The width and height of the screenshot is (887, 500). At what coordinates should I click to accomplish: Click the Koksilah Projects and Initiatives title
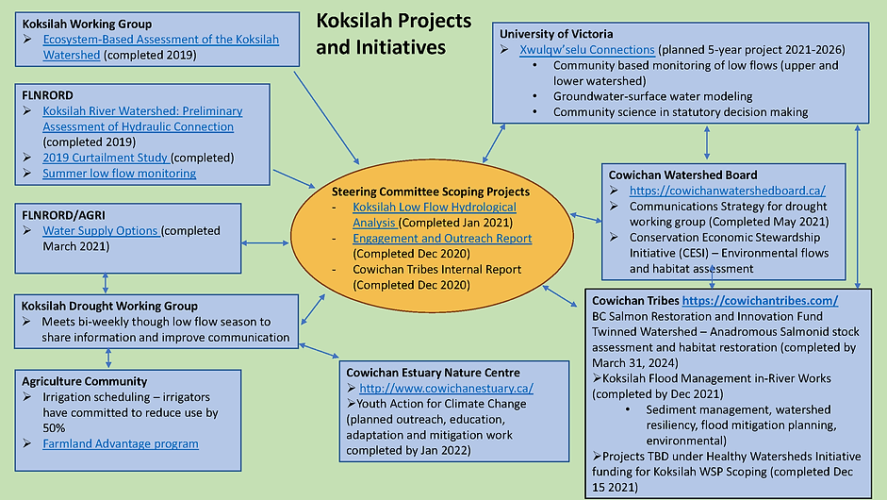click(394, 33)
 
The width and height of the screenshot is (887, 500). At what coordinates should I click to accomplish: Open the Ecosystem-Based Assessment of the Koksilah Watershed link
click(160, 47)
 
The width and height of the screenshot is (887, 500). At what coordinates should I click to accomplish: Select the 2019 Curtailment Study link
click(106, 158)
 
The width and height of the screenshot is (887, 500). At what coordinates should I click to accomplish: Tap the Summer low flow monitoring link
click(120, 174)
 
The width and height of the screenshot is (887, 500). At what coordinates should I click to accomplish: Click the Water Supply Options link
click(101, 230)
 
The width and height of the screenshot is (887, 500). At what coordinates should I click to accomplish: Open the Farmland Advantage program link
click(121, 443)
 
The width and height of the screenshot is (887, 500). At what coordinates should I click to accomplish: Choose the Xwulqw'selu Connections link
click(587, 50)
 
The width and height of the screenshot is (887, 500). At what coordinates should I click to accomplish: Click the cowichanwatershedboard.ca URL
click(728, 191)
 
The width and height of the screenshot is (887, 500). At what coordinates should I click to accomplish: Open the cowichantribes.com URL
click(761, 301)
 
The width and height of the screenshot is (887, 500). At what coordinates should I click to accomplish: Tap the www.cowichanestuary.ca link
click(447, 389)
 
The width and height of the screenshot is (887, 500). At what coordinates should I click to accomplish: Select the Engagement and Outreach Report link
click(442, 239)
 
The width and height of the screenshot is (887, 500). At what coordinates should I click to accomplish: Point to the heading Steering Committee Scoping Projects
click(431, 192)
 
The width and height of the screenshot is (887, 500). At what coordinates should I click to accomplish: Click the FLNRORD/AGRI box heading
click(63, 215)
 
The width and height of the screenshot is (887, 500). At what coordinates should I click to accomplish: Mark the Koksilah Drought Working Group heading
click(109, 306)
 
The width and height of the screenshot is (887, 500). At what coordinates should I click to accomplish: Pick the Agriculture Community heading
click(84, 381)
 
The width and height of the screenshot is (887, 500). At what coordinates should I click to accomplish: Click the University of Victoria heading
click(556, 34)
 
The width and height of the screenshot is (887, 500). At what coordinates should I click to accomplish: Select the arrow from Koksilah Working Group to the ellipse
click(326, 118)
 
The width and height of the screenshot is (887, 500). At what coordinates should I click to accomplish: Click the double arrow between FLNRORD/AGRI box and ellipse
click(265, 242)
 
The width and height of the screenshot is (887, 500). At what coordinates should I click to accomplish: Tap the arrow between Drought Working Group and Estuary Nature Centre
click(319, 351)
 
